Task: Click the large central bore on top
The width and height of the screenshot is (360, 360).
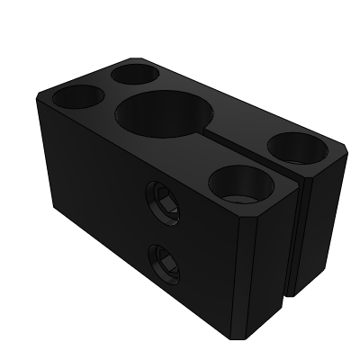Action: click(x=164, y=114)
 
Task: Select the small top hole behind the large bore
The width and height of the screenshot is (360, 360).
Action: click(x=133, y=74)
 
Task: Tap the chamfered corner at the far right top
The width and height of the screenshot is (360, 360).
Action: click(x=346, y=147)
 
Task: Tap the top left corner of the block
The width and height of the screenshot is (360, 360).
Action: click(x=38, y=93)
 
